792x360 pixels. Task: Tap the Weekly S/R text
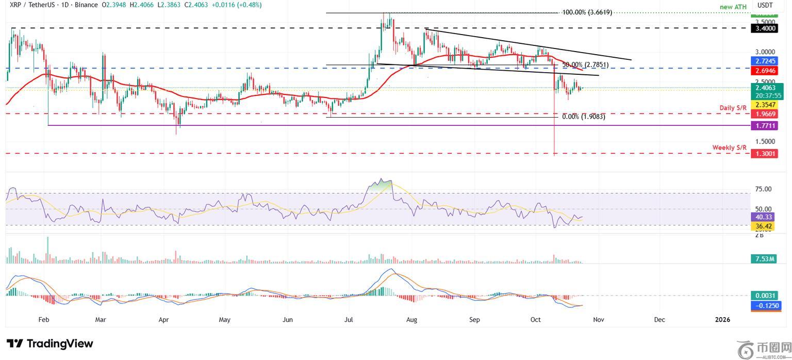point(729,148)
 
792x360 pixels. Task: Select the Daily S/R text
point(733,107)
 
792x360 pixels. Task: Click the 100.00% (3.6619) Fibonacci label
point(587,12)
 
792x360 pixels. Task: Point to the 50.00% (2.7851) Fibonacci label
point(585,65)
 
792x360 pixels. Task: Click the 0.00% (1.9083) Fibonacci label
point(583,117)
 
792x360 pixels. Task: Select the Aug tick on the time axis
point(411,320)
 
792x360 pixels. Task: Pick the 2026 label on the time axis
point(723,320)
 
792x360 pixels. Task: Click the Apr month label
point(163,320)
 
